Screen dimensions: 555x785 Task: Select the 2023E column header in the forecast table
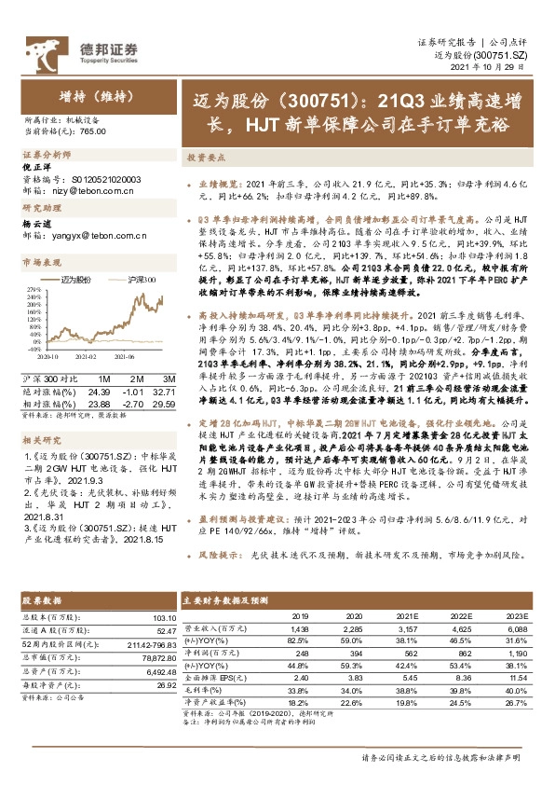(516, 615)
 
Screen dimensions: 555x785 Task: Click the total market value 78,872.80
(156, 656)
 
